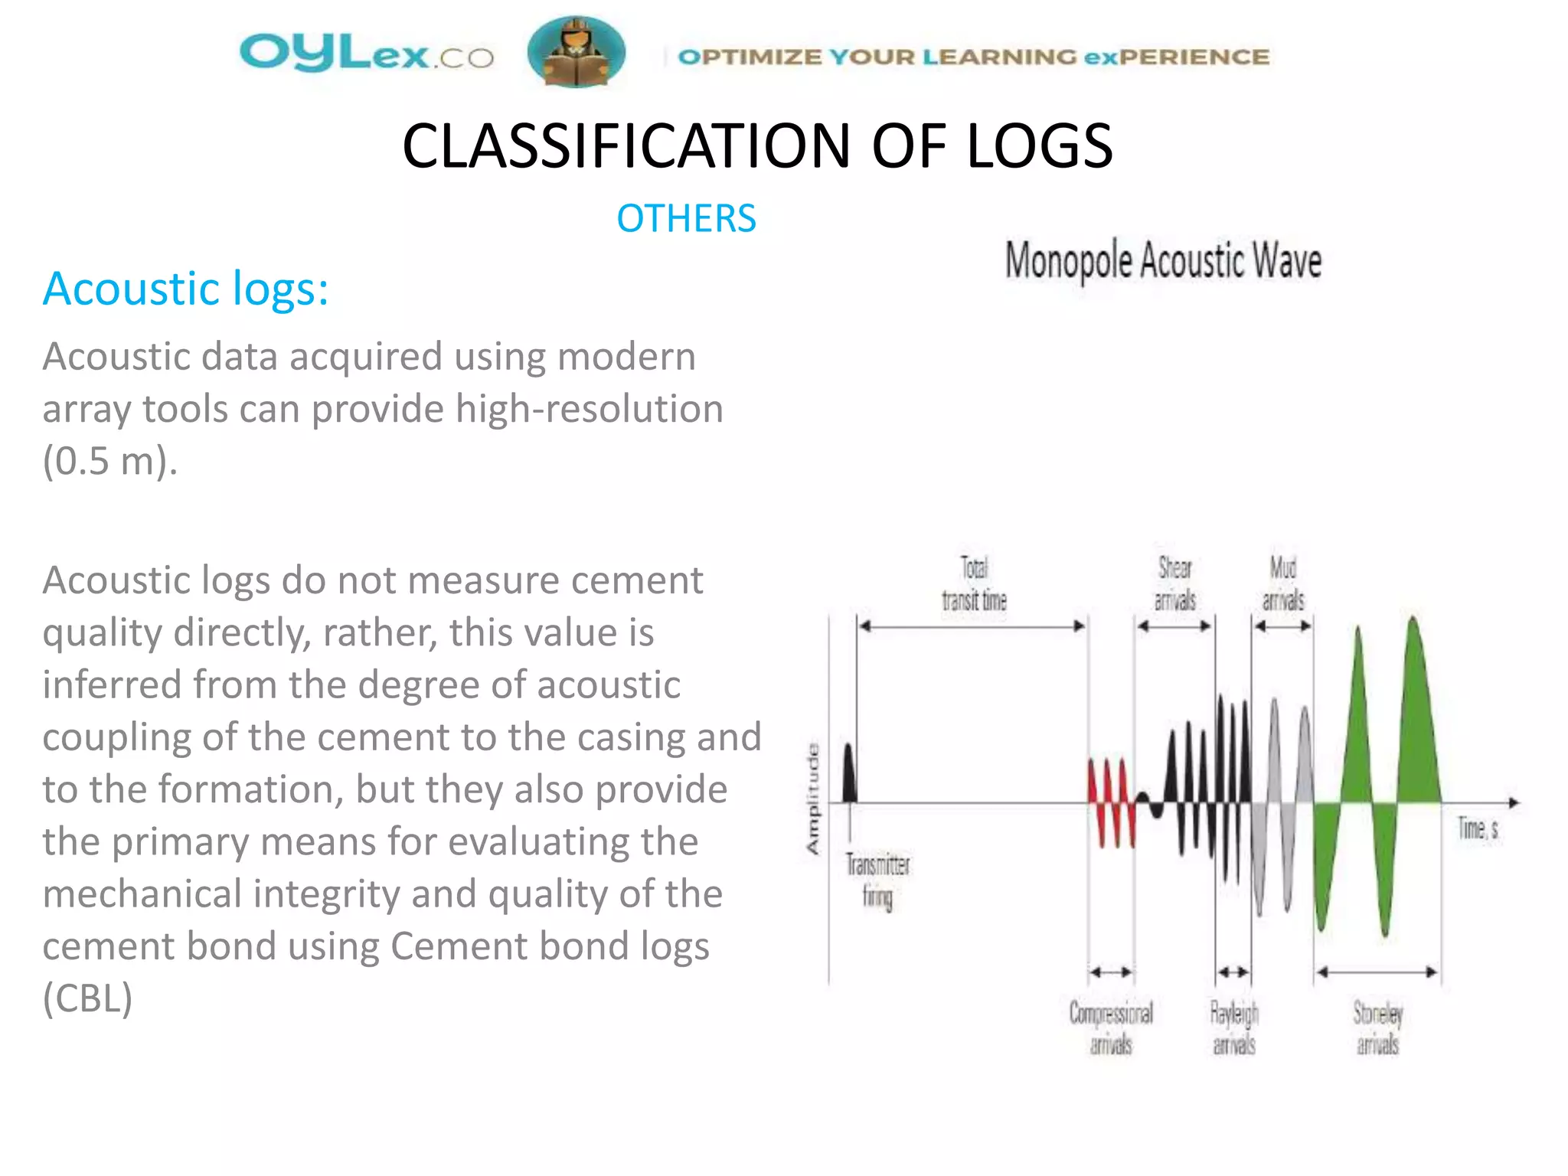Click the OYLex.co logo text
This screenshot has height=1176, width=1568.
[x=366, y=54]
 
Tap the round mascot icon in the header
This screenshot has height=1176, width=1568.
[x=576, y=52]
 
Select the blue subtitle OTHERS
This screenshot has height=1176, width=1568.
[x=686, y=218]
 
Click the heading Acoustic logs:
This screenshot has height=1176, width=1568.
[x=185, y=289]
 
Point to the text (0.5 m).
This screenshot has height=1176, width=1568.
[x=109, y=461]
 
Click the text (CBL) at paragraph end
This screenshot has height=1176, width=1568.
[x=87, y=998]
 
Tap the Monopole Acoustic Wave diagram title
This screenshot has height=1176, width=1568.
[x=1163, y=260]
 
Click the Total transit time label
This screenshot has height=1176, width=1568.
[x=974, y=584]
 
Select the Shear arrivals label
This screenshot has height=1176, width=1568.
[x=1174, y=584]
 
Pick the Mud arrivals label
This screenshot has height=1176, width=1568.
[x=1283, y=584]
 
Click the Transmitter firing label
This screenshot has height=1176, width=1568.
[x=877, y=881]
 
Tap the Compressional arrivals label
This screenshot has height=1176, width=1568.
[x=1111, y=1028]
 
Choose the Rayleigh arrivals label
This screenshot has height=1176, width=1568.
[x=1234, y=1028]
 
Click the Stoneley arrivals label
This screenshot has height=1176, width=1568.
[x=1377, y=1028]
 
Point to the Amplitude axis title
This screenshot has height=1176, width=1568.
[x=812, y=799]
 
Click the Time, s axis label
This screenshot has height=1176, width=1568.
[x=1478, y=828]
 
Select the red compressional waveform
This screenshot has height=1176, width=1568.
[x=1111, y=800]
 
